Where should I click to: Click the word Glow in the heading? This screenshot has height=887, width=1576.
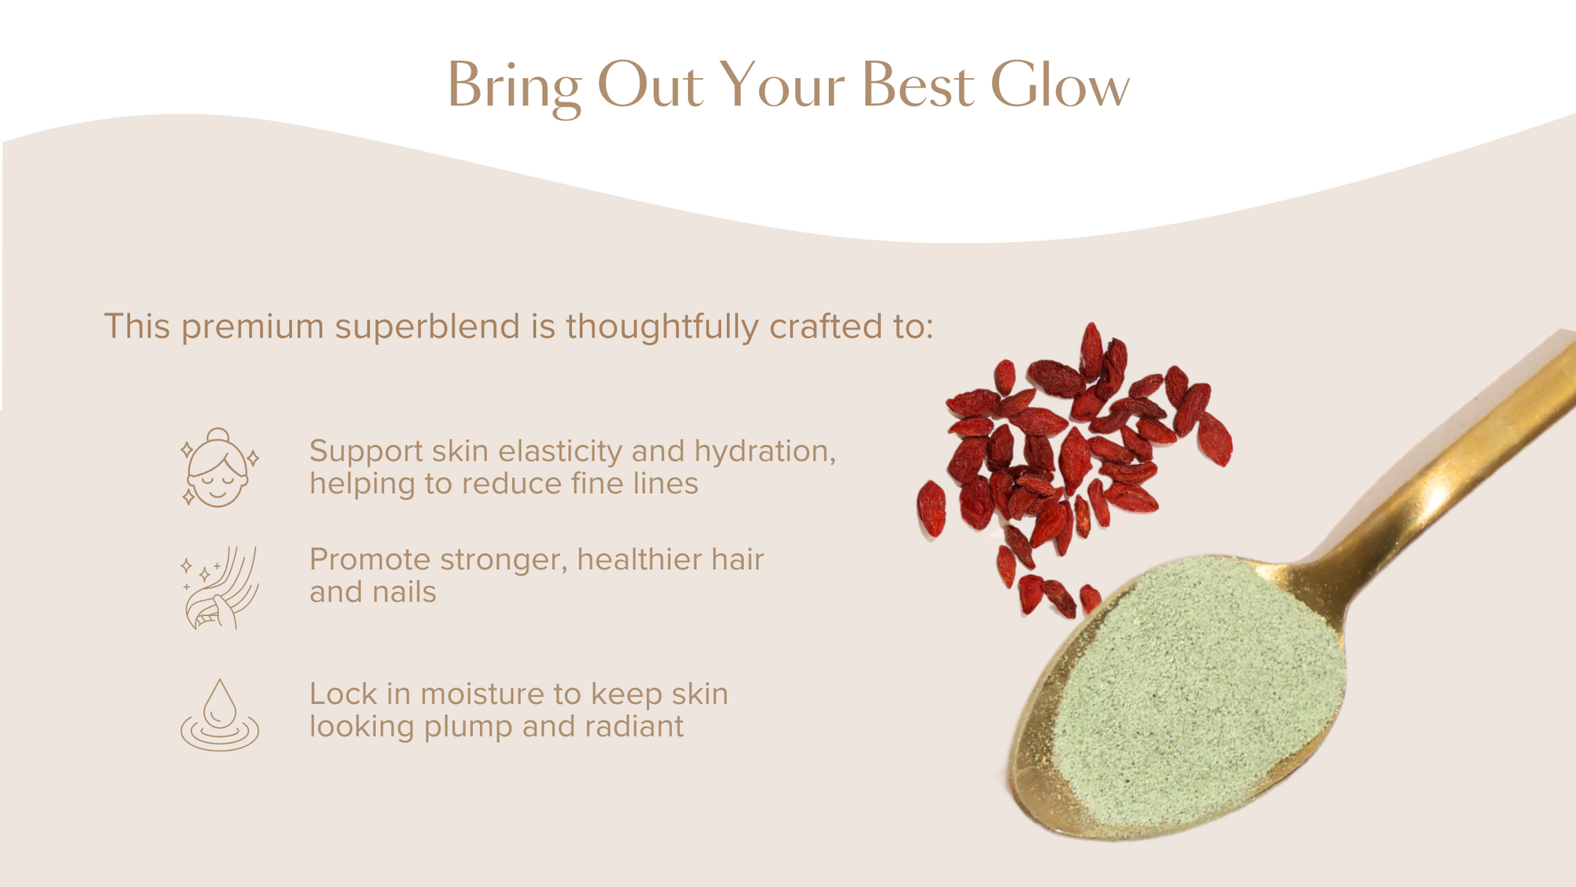tap(1059, 85)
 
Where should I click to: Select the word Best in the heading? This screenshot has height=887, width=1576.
tap(917, 85)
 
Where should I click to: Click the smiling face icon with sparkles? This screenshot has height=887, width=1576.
tap(219, 468)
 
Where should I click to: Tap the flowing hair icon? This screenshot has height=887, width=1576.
tap(220, 587)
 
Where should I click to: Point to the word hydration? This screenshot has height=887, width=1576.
tap(764, 452)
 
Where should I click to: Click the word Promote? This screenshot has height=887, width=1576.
tap(370, 560)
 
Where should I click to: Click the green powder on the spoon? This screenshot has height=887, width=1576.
tap(1198, 694)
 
